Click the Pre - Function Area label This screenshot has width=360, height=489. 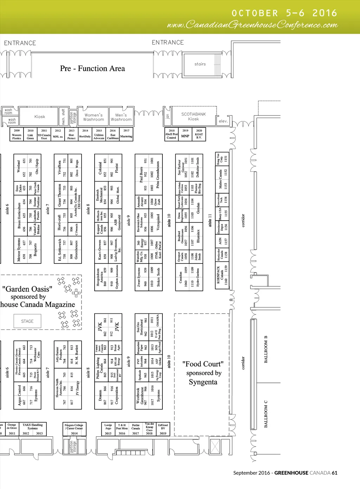92,69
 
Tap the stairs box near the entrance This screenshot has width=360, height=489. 200,64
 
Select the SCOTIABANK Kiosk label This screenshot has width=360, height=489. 193,117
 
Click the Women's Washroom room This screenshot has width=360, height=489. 94,117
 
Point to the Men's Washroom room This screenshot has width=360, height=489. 121,117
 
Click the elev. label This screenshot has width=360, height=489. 223,121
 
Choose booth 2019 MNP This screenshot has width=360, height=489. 185,134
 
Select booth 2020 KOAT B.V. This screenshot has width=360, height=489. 199,134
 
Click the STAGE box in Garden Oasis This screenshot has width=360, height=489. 27,321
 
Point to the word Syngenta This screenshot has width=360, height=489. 203,382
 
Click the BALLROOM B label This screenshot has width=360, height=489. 266,349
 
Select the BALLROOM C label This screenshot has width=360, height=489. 266,414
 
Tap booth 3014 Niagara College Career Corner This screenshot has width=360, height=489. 74,429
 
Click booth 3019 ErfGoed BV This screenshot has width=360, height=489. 163,429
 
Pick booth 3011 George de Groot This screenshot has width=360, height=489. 12,429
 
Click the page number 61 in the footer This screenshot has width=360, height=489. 334,473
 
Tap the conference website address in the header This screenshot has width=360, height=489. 252,25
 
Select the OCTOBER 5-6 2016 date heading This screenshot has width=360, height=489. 284,13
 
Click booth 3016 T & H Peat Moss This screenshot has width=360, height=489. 122,429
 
